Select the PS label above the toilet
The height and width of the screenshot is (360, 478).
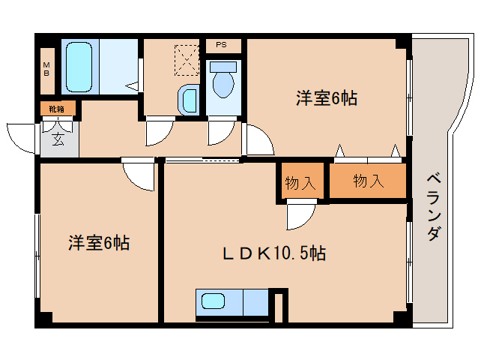221,45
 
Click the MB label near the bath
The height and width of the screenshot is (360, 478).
46,68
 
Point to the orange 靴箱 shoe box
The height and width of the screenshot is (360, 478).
57,109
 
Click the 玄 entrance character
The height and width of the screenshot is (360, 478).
58,139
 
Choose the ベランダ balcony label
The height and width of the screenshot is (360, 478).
432,205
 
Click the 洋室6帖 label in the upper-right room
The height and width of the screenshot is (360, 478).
326,97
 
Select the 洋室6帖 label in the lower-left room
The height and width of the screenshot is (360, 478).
99,242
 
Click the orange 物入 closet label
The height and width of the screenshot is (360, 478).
368,181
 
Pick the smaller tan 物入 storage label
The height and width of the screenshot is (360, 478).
300,182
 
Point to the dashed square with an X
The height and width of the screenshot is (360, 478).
185,59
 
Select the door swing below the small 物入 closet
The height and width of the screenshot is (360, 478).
300,217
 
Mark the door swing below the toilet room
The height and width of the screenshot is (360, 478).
220,133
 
